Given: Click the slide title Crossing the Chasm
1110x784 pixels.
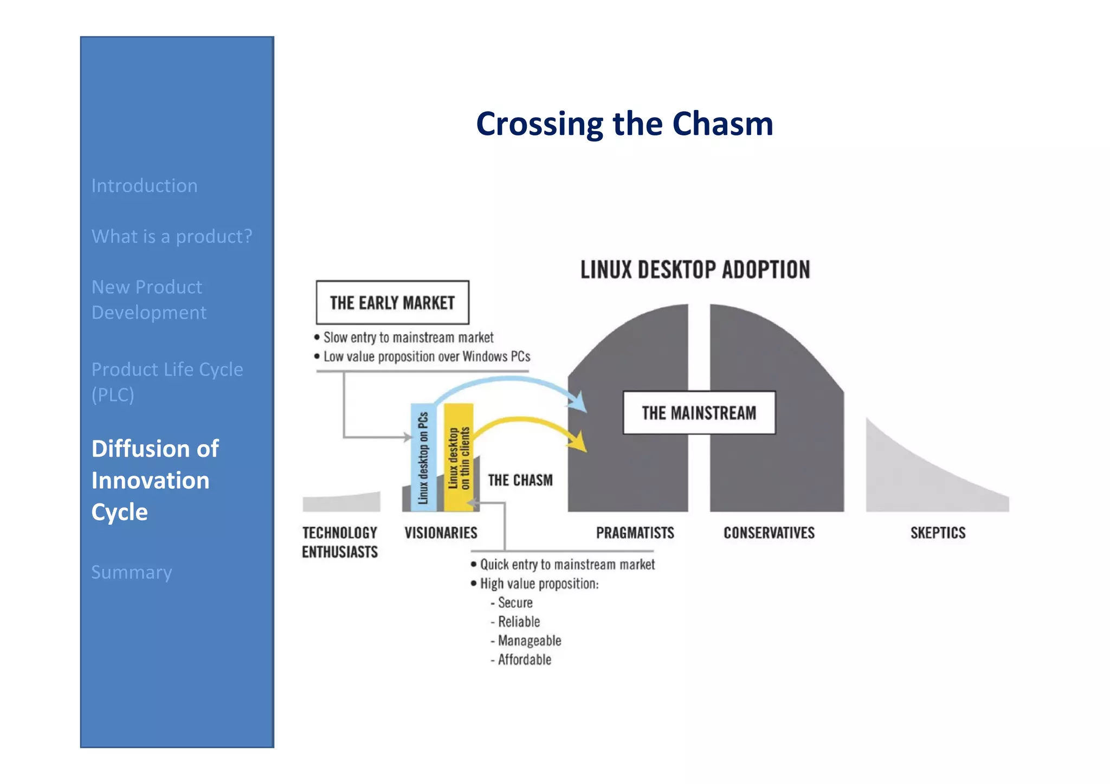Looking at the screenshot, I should point(624,124).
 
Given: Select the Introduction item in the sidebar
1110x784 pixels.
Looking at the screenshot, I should point(144,186).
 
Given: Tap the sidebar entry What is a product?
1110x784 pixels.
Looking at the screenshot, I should point(172,236).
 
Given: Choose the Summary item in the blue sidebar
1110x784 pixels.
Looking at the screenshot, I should point(132,572).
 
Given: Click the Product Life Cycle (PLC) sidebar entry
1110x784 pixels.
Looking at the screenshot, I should point(167,381).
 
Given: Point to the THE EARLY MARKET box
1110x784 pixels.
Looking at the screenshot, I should point(392,302).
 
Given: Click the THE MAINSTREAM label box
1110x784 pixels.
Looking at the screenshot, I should point(699,413).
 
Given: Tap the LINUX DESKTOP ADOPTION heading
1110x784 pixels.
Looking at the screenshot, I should point(695,270).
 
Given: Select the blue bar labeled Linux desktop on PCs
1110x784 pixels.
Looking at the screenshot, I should point(423,457).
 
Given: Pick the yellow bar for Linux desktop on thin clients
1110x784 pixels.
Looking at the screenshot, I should point(459,457).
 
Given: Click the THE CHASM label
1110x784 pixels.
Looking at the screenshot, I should point(520,481).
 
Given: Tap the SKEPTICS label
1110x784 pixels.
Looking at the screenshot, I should point(938,533).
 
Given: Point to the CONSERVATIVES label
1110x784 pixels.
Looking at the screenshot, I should point(769,533).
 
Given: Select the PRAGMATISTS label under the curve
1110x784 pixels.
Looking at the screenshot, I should point(635,533).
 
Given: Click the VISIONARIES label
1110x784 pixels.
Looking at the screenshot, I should point(441,533).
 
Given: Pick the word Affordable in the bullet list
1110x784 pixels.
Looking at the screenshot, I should point(524,660).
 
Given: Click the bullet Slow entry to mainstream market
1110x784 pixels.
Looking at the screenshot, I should point(408,338).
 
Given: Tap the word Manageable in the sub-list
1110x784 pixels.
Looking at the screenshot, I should point(529,641).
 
